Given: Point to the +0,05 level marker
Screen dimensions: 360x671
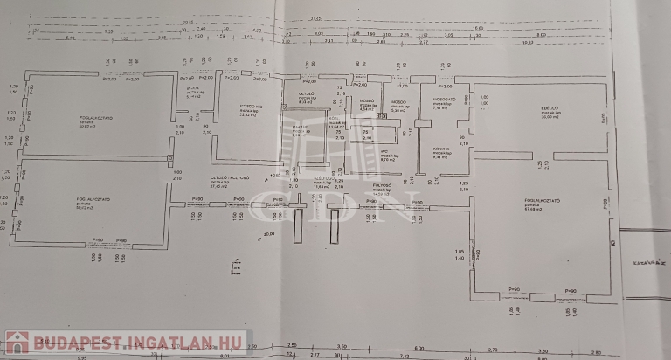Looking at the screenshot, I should [275, 175].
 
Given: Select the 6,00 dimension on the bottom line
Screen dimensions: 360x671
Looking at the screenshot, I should [419, 347].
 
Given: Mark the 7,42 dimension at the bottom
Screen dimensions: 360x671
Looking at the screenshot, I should [404, 357].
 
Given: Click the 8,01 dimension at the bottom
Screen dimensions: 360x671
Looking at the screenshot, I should [223, 357].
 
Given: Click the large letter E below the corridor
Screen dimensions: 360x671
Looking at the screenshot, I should [234, 267].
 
